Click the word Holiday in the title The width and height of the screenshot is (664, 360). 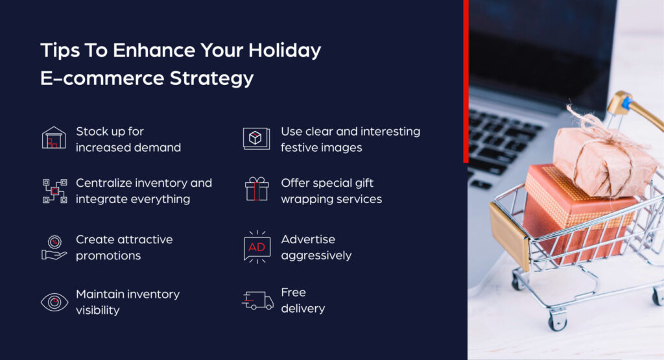click(x=285, y=51)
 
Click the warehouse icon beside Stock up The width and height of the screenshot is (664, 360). click(x=54, y=138)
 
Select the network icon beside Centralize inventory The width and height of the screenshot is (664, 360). click(x=54, y=191)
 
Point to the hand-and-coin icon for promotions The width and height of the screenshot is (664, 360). click(x=54, y=247)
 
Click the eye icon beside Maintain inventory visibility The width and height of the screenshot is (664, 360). click(x=54, y=302)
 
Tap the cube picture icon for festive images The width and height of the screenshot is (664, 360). click(x=256, y=138)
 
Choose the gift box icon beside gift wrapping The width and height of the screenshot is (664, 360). click(x=256, y=189)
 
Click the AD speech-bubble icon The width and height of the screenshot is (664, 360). click(x=257, y=247)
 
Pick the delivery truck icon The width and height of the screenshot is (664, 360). click(x=257, y=300)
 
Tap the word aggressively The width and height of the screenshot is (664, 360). click(x=316, y=256)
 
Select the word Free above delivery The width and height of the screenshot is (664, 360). click(x=293, y=293)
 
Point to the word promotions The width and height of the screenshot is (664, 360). click(x=108, y=256)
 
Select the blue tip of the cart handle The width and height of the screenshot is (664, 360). click(x=626, y=103)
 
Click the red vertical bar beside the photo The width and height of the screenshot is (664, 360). click(x=466, y=81)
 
